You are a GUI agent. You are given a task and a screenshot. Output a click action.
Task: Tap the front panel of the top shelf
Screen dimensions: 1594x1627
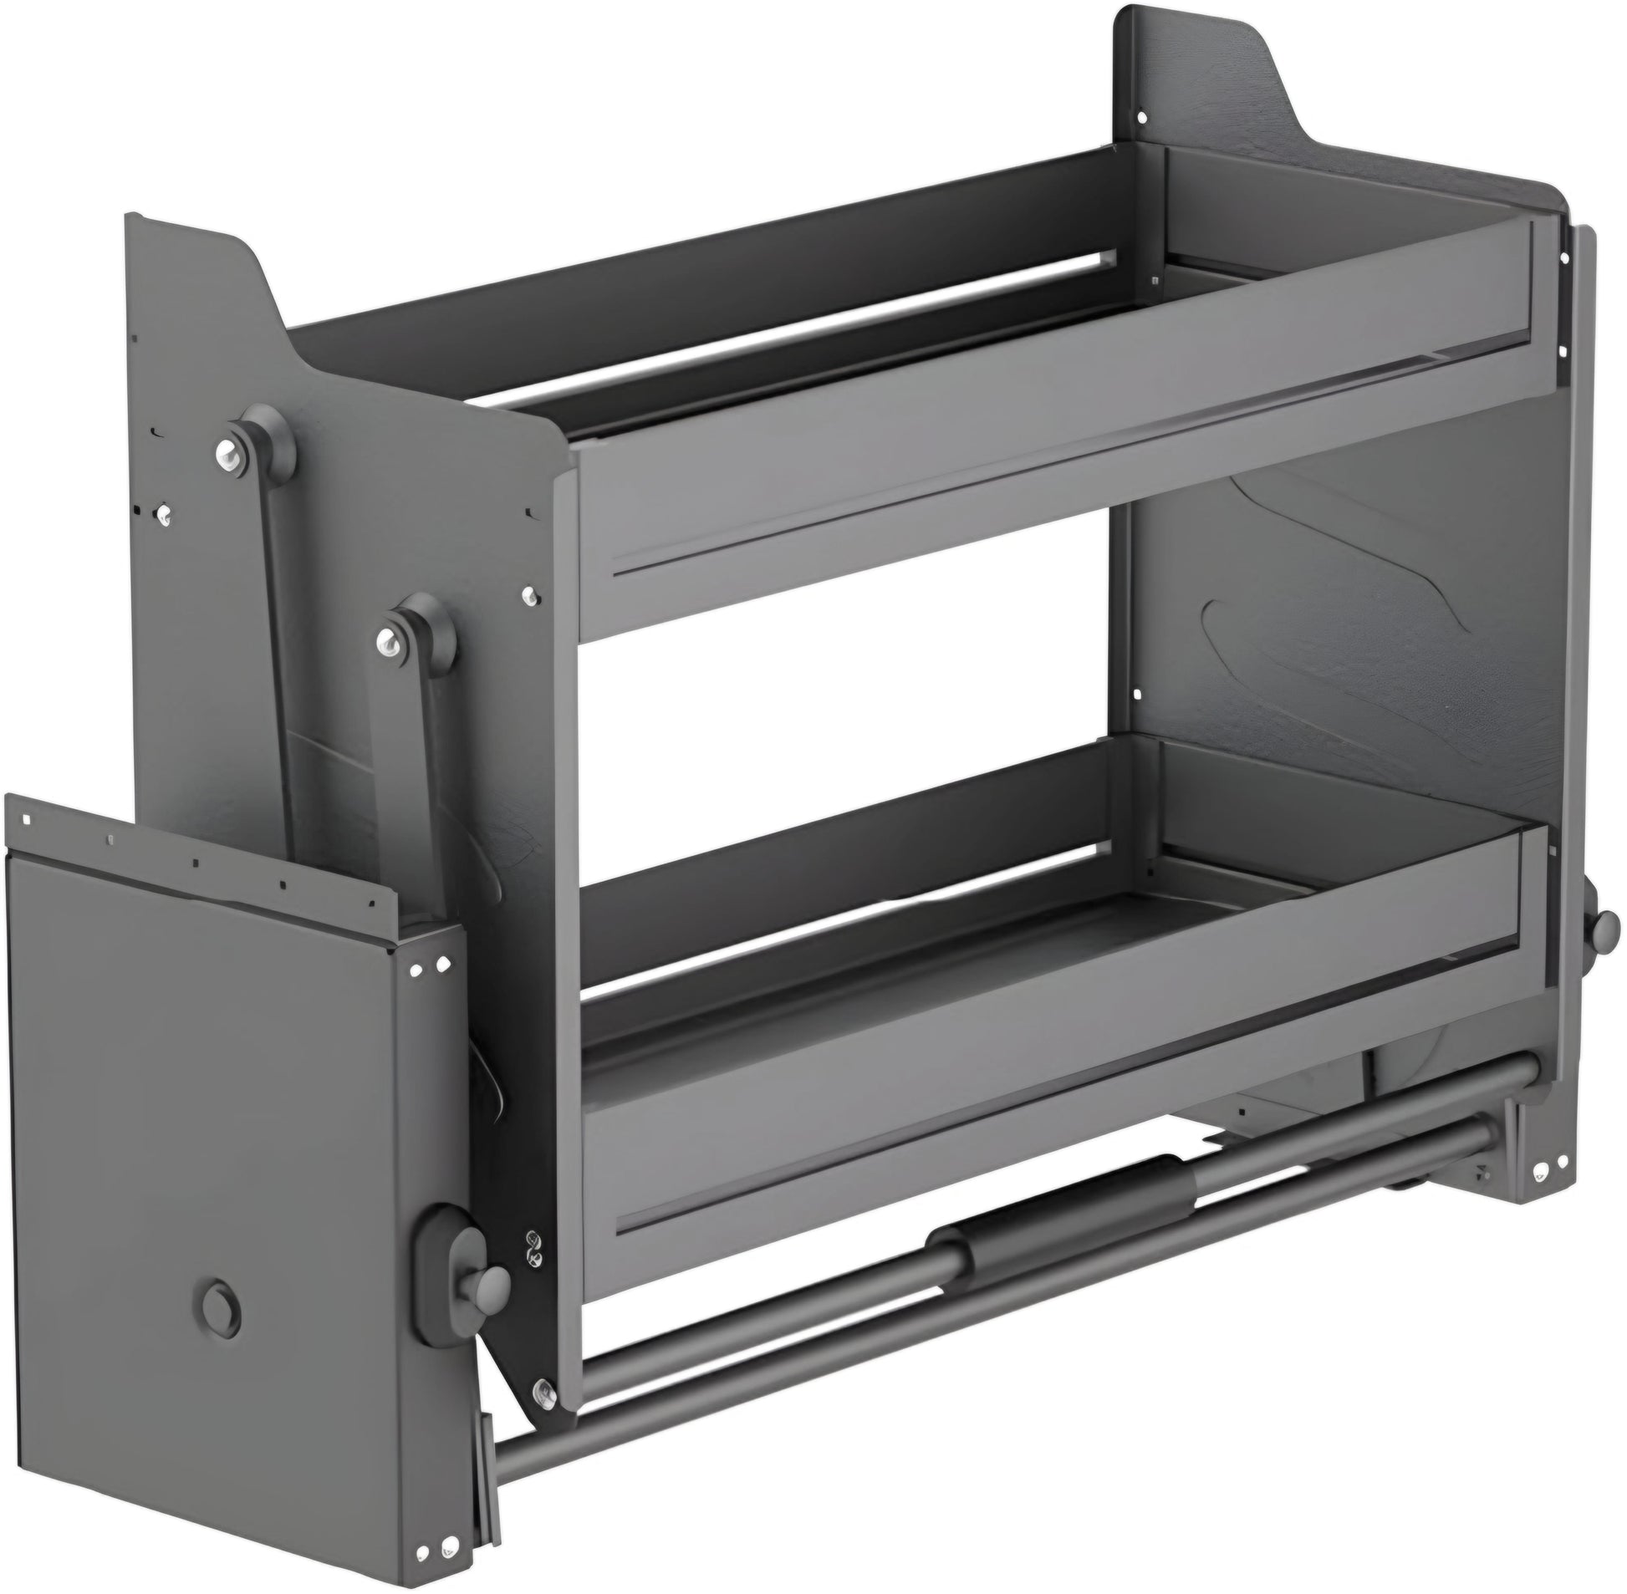pyautogui.click(x=921, y=452)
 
